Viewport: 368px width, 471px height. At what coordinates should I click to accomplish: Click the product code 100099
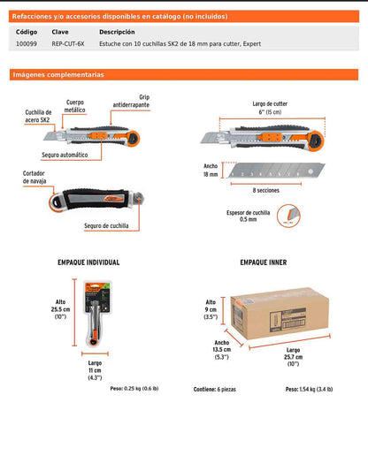[x=27, y=42]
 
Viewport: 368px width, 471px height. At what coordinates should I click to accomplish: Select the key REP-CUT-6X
[x=69, y=42]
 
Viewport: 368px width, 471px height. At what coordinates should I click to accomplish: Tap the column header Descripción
[x=118, y=31]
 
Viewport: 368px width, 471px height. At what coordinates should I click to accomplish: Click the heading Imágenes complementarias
[x=58, y=75]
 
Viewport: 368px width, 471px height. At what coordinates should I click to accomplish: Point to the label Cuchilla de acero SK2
[x=39, y=117]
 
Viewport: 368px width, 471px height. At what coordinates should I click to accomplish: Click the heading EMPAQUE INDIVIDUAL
[x=88, y=262]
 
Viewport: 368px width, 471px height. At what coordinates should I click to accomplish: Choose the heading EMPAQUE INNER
[x=264, y=262]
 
